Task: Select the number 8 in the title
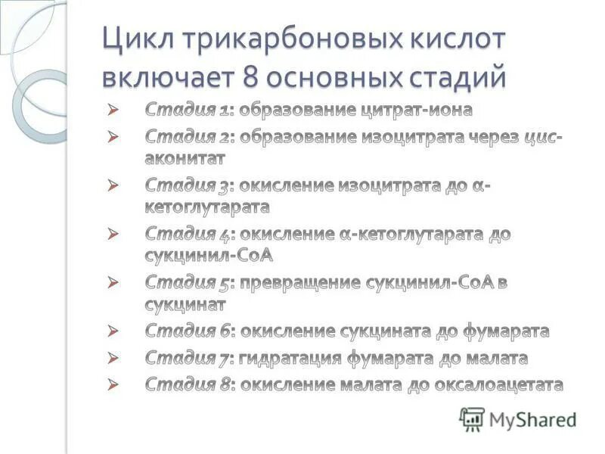click(x=253, y=77)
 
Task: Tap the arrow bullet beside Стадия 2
click(x=114, y=137)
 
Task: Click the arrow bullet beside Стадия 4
click(x=114, y=235)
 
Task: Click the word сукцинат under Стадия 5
click(x=185, y=304)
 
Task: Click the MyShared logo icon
click(x=472, y=418)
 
